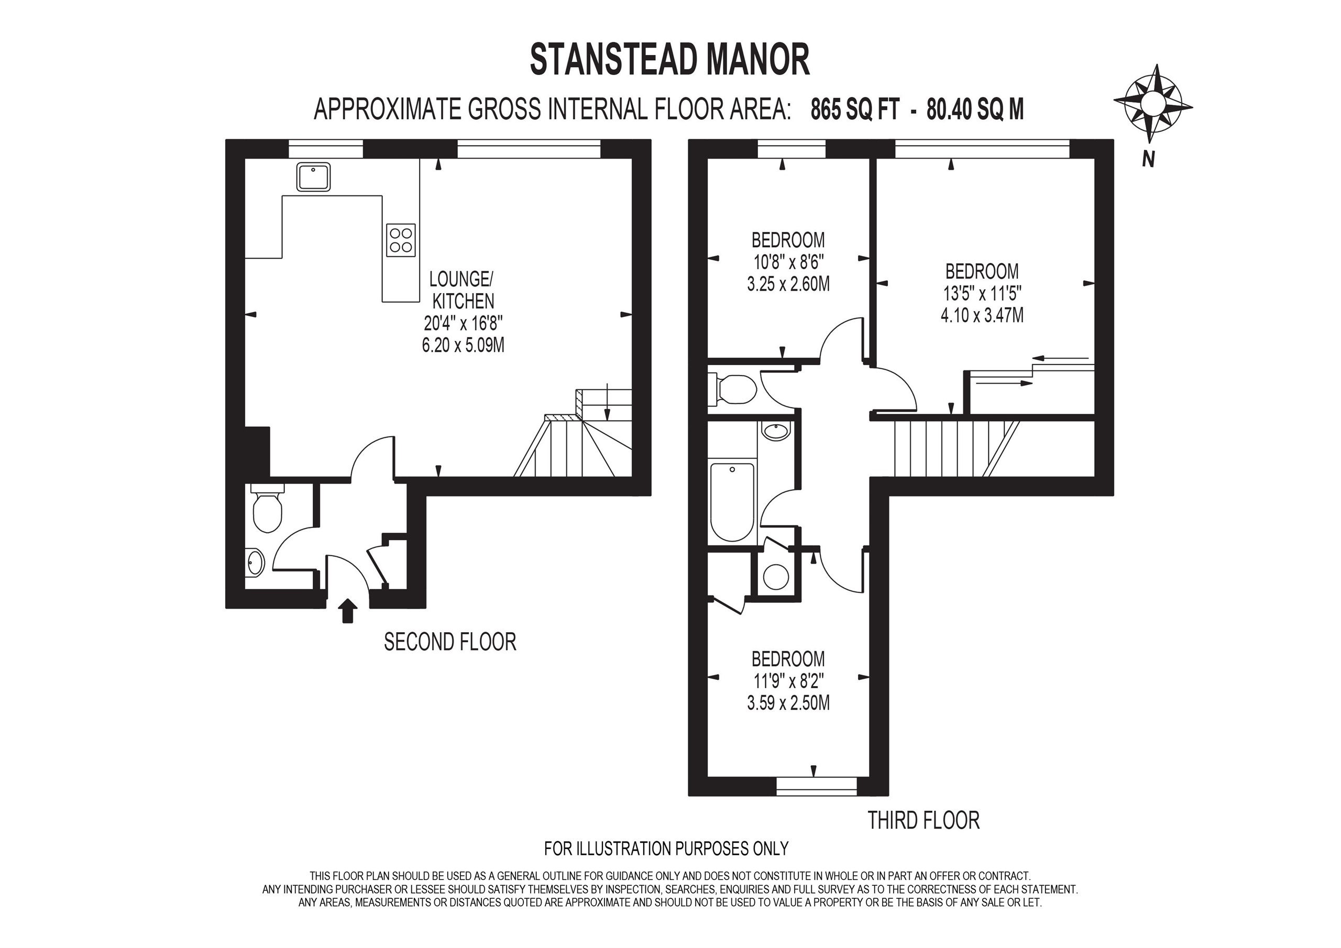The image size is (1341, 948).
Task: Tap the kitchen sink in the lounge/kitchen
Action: pos(313,177)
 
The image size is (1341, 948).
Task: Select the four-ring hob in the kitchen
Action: pos(401,240)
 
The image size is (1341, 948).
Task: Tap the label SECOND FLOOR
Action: pos(450,642)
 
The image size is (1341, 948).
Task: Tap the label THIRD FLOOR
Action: pos(923,820)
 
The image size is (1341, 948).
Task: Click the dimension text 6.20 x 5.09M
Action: pos(463,345)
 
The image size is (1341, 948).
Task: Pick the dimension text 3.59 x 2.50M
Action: pos(788,703)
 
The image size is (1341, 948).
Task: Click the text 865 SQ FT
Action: pos(854,109)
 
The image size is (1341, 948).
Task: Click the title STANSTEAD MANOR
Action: pos(669,60)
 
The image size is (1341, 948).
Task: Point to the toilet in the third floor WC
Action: pos(735,390)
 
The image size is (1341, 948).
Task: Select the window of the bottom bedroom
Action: pos(817,786)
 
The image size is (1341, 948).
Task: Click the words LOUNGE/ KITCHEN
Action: pos(462,290)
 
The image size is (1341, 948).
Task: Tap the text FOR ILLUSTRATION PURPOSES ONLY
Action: pos(666,848)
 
